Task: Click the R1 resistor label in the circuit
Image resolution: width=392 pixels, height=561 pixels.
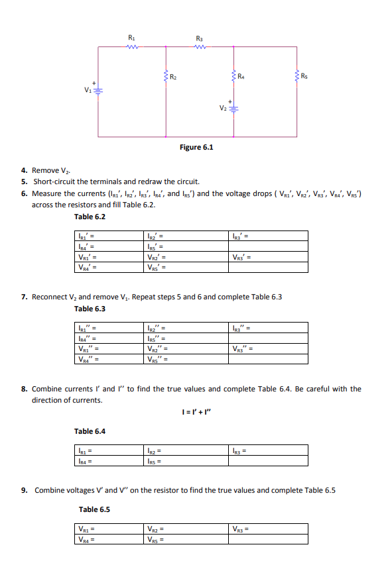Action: click(x=131, y=40)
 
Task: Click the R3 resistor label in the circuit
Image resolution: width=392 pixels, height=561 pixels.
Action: click(x=200, y=40)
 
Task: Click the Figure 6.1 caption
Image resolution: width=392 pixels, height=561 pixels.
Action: click(x=196, y=146)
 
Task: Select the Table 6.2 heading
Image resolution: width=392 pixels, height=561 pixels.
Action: click(x=90, y=217)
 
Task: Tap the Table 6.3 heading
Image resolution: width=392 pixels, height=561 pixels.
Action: click(x=90, y=309)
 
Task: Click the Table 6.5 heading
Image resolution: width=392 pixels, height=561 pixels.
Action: click(x=95, y=509)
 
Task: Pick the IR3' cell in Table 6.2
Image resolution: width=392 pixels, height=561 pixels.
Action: click(x=269, y=235)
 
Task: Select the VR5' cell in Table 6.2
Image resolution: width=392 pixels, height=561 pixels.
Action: click(x=189, y=268)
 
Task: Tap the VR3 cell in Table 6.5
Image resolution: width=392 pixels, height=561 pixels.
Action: click(x=269, y=529)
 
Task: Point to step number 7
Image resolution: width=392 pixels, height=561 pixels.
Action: click(x=24, y=297)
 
